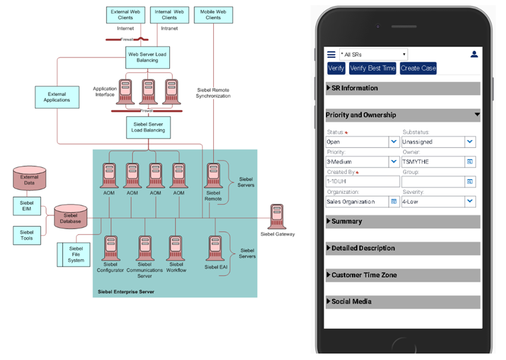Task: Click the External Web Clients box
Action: pyautogui.click(x=125, y=15)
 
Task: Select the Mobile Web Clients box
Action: pyautogui.click(x=213, y=15)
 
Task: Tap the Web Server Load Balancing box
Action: pyautogui.click(x=147, y=57)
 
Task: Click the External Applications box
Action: pyautogui.click(x=57, y=97)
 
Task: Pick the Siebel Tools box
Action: pyautogui.click(x=27, y=235)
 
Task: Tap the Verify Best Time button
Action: pyautogui.click(x=372, y=68)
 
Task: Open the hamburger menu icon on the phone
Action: pyautogui.click(x=331, y=54)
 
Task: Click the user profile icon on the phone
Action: pyautogui.click(x=474, y=54)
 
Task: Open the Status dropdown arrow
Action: pyautogui.click(x=394, y=142)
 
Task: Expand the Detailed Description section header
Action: pyautogui.click(x=403, y=248)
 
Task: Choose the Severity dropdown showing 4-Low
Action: pyautogui.click(x=438, y=201)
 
